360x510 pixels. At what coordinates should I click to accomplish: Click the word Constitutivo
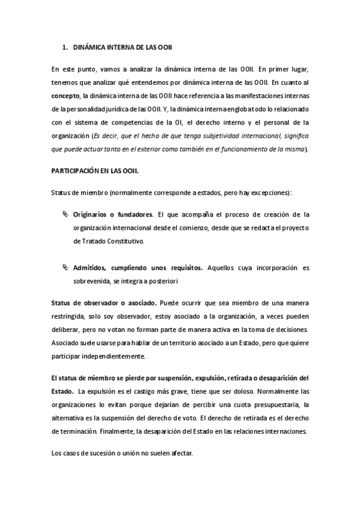(x=123, y=241)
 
